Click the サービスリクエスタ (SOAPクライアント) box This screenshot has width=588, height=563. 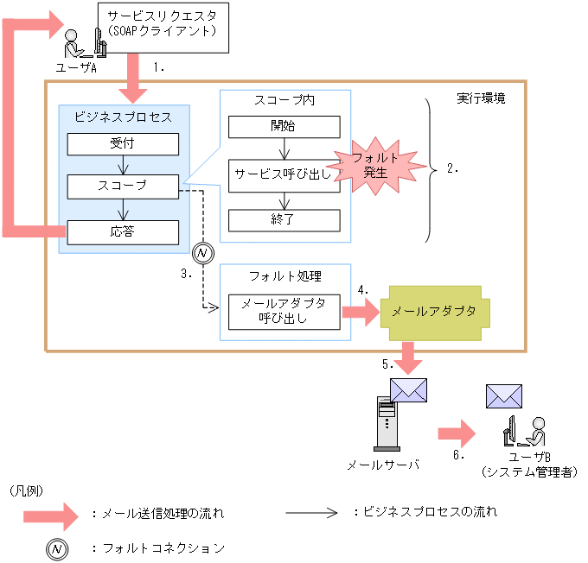163,29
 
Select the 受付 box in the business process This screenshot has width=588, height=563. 123,143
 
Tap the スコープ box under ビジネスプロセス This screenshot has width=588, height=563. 123,186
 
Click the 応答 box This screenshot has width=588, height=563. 123,231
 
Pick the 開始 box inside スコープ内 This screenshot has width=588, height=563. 284,126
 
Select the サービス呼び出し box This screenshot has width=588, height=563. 284,174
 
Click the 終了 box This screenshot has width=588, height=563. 284,219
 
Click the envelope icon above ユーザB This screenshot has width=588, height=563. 503,395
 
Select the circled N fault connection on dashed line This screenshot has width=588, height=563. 201,254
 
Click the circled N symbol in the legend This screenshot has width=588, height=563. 57,548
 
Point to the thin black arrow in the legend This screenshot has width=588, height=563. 311,511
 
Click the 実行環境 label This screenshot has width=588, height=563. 481,98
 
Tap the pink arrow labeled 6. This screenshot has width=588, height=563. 457,431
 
